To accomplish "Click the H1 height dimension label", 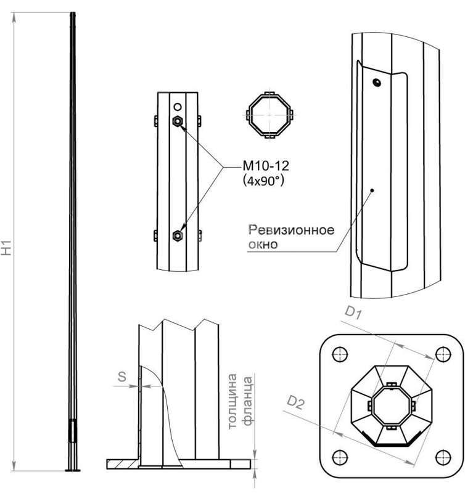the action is (x=7, y=248).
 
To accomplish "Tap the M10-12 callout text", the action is (x=266, y=166).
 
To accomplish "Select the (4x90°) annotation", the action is (x=264, y=181).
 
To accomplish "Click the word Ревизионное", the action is (x=291, y=230).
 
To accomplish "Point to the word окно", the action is (x=263, y=244).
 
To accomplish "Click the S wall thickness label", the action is (x=122, y=377).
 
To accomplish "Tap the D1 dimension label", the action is (x=353, y=313).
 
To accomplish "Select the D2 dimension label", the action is (x=296, y=403).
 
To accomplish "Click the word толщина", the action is (x=232, y=401).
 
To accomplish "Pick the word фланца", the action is (x=247, y=400).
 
